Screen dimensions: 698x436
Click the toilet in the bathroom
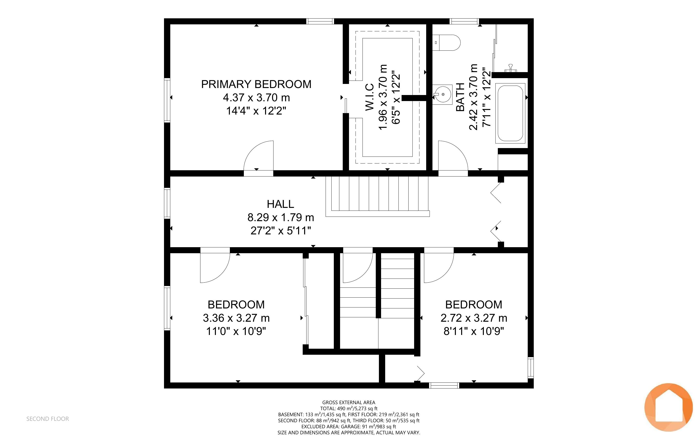(x=446, y=43)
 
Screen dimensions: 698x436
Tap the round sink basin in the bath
(x=443, y=94)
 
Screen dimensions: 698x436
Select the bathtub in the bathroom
(x=510, y=113)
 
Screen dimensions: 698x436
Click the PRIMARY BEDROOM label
(x=256, y=84)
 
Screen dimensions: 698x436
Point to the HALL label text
(x=281, y=204)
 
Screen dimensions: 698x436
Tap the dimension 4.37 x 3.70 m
(x=256, y=97)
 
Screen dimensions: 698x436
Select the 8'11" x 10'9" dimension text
(x=474, y=331)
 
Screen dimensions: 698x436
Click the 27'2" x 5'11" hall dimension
(x=281, y=231)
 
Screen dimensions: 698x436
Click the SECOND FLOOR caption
(x=48, y=419)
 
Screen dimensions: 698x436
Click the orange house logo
(x=669, y=407)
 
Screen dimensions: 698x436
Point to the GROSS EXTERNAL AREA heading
(x=349, y=402)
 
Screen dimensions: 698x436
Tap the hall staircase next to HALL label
(x=378, y=196)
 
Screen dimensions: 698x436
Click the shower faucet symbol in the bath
(x=511, y=68)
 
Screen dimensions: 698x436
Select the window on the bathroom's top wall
(x=464, y=21)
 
